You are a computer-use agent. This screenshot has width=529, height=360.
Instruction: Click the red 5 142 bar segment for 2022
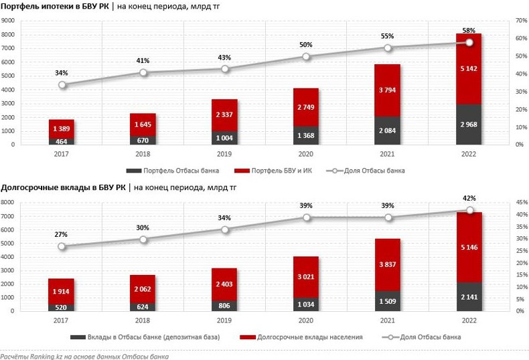coord(469,68)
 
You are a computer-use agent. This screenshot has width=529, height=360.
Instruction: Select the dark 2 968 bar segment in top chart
coord(469,124)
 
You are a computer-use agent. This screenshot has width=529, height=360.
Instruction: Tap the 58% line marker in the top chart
coord(469,42)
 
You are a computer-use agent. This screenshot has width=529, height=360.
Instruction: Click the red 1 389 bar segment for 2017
coord(62,127)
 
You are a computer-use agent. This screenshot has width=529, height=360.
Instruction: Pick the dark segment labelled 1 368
coord(306,136)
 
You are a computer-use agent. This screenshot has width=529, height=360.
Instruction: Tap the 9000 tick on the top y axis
coord(9,21)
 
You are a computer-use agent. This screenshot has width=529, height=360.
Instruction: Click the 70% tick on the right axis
coord(514,21)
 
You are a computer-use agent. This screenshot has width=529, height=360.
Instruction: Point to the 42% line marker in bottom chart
coord(469,211)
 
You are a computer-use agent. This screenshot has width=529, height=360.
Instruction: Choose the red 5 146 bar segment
coord(469,247)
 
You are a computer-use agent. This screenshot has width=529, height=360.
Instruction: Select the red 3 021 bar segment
coord(306,276)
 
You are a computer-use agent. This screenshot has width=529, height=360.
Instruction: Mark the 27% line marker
coord(62,246)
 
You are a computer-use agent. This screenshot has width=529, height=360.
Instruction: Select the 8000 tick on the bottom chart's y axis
coord(9,202)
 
